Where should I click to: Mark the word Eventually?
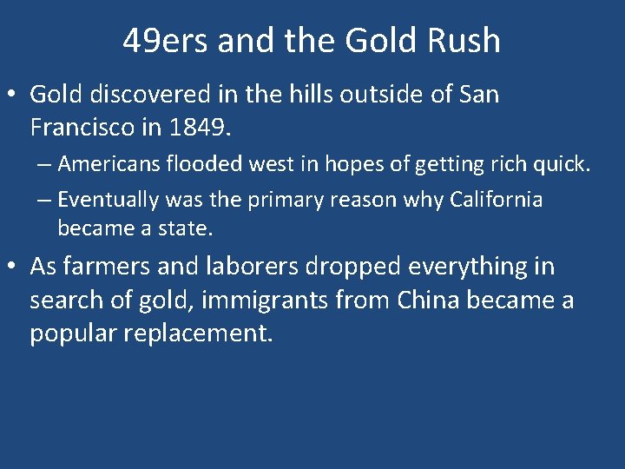coord(109,200)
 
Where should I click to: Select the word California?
coord(496,200)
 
